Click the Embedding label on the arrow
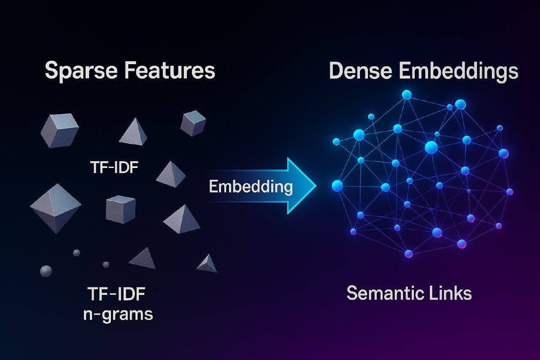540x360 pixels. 251,186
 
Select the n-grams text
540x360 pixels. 118,314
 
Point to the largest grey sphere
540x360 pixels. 46,271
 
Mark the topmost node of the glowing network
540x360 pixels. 406,95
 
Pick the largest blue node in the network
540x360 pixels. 431,147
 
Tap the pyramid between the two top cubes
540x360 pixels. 134,132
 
